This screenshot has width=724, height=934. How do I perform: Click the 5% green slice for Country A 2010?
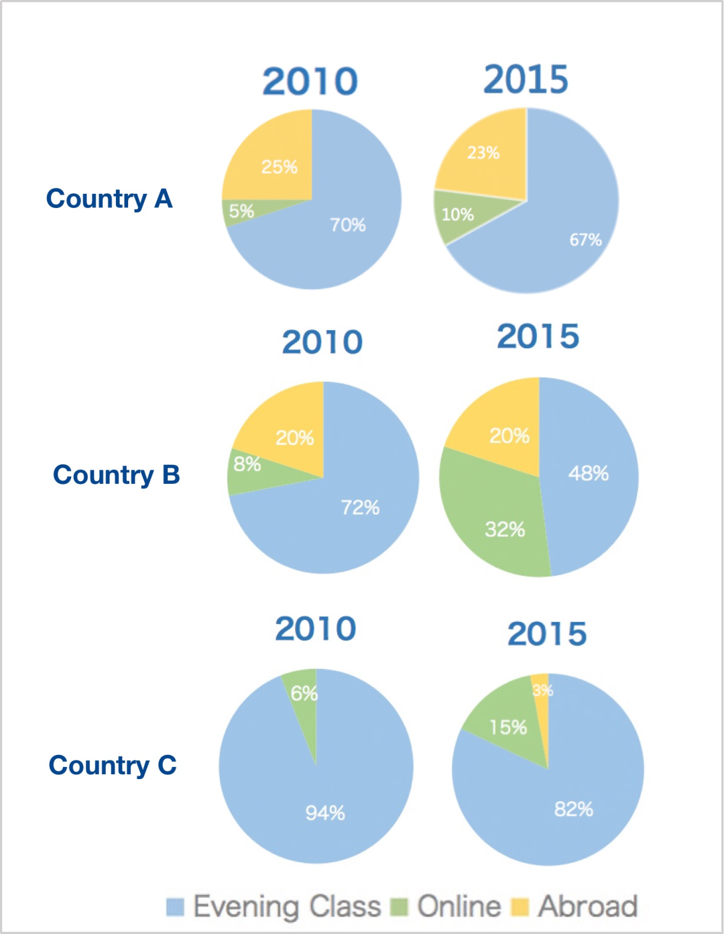pyautogui.click(x=241, y=211)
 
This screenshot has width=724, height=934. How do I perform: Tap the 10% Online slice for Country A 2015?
pyautogui.click(x=459, y=215)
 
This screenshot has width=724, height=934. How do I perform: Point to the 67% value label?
pyautogui.click(x=585, y=240)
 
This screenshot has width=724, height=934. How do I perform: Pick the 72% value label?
pyautogui.click(x=360, y=507)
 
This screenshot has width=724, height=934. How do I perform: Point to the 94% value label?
pyautogui.click(x=325, y=813)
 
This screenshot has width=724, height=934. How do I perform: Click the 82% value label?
pyautogui.click(x=573, y=809)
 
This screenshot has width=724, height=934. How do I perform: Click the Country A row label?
pyautogui.click(x=109, y=199)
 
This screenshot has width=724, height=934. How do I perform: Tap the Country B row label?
pyautogui.click(x=116, y=475)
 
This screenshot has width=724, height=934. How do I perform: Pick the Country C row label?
pyautogui.click(x=113, y=766)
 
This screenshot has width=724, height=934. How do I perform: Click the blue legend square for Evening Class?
pyautogui.click(x=175, y=907)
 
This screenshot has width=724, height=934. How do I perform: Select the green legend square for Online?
pyautogui.click(x=400, y=907)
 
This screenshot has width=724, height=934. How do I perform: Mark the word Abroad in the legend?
pyautogui.click(x=588, y=906)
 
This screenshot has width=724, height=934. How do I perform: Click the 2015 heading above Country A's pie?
pyautogui.click(x=526, y=80)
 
